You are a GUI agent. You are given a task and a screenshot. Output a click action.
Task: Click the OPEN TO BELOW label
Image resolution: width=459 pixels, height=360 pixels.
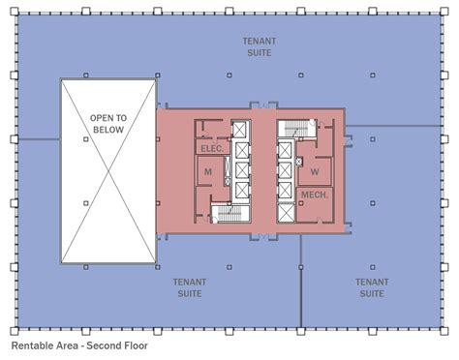(x=108, y=124)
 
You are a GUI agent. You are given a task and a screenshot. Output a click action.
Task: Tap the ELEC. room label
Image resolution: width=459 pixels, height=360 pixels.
(x=212, y=149)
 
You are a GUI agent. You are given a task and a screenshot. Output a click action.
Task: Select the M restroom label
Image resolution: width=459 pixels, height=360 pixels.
(x=208, y=172)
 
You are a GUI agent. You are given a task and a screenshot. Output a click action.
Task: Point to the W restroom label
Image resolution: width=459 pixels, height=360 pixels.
(x=315, y=172)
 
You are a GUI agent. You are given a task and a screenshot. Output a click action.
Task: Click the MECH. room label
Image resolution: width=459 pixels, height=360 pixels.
(x=315, y=195)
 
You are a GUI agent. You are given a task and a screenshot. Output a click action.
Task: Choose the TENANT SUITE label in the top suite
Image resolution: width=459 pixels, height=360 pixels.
(x=260, y=47)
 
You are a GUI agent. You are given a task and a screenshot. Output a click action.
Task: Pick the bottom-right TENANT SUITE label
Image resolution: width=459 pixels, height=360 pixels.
(x=372, y=288)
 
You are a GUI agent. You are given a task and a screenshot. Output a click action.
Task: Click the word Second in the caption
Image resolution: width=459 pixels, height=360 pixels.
(x=102, y=345)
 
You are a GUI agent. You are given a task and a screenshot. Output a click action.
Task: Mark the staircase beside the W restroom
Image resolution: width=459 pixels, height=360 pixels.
(x=297, y=129)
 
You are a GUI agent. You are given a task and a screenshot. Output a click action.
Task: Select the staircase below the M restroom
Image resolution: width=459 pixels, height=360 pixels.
(x=230, y=214)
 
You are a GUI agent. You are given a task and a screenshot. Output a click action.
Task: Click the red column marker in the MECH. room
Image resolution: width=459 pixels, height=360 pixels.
(x=301, y=203)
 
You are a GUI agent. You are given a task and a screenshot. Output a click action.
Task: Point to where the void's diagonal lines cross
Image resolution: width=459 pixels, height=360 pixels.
(x=108, y=171)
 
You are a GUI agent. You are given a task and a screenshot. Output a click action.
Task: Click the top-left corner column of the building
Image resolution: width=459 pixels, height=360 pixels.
(x=15, y=12)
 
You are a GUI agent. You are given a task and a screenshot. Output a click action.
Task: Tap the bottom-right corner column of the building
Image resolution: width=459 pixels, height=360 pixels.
(x=444, y=331)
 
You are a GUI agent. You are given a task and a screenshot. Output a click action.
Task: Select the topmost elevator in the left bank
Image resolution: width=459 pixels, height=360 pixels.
(x=239, y=130)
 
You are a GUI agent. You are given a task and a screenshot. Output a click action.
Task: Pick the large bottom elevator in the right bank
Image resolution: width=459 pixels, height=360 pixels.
(x=286, y=213)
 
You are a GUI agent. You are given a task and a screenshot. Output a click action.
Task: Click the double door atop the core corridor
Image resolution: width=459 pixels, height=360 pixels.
(x=264, y=105)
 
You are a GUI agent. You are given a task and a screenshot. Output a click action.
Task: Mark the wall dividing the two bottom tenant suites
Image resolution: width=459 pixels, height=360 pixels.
(x=301, y=281)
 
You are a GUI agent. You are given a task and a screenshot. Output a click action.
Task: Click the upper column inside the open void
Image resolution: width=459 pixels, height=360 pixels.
(x=86, y=139)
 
